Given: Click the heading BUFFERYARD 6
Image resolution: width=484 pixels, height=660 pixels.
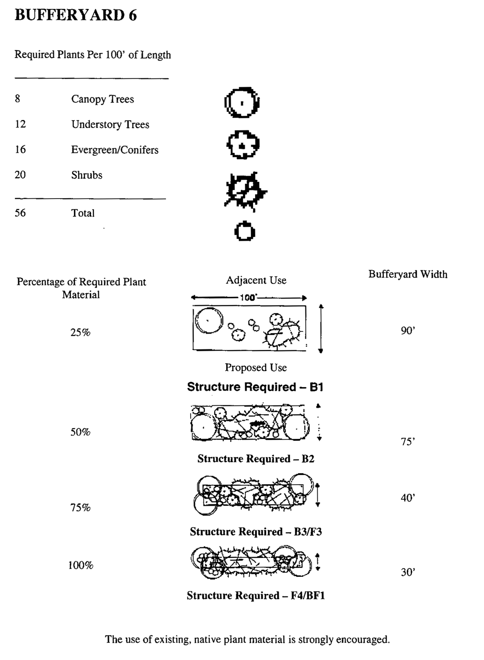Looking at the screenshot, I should pos(75,16).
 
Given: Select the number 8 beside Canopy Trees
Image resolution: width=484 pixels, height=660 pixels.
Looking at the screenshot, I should pos(18,99).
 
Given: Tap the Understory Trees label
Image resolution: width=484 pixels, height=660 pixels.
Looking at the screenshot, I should pos(110,125).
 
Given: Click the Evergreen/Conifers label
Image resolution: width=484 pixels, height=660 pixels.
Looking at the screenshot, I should pos(114,150).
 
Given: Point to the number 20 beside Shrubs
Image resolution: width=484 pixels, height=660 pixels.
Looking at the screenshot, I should pos(20,175).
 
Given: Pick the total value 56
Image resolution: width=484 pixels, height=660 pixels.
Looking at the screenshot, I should pos(20,213).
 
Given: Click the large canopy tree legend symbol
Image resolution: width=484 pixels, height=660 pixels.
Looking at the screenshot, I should pos(242,103).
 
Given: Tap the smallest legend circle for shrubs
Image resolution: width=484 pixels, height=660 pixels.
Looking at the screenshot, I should pos(245,232).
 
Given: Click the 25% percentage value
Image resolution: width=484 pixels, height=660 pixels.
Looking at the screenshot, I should pos(81,332).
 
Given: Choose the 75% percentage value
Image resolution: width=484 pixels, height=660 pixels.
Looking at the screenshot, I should pos(81,508).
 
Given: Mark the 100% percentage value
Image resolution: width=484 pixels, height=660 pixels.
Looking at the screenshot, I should pos(81,565).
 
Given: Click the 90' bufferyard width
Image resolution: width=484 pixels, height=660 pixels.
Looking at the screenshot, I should pos(408,331).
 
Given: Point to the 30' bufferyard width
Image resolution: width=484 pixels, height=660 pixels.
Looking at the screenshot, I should pos(408,572).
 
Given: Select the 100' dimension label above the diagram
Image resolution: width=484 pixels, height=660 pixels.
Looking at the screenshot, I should pos(248,298).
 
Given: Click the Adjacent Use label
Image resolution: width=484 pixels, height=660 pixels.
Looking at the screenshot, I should pos(256,280).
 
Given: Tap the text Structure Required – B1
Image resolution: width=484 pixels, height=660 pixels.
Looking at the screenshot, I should pos(255,387).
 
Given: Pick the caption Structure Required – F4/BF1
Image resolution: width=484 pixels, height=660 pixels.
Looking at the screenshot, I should pos(256,596).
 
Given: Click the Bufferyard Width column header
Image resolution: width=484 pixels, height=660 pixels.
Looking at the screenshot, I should pos(408,274).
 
